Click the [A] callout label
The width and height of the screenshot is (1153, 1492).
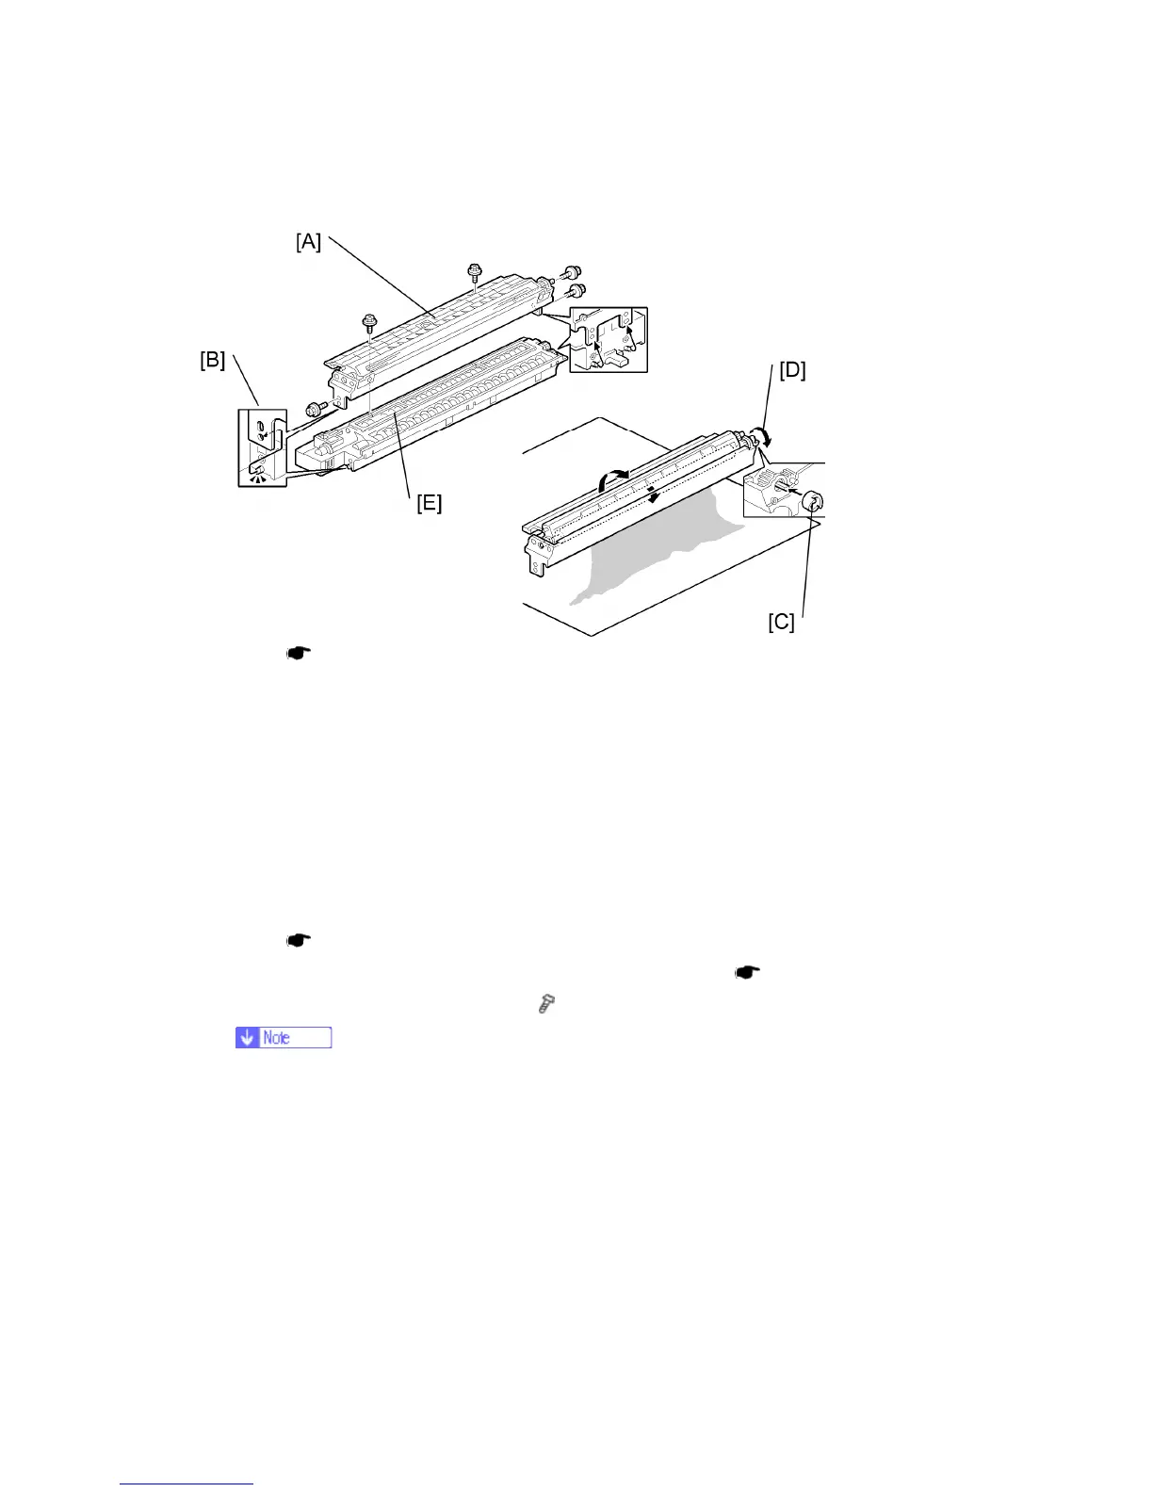point(309,242)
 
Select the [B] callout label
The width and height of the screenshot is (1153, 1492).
point(212,361)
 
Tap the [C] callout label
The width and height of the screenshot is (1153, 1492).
point(781,623)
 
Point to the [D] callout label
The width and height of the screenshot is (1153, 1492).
point(792,370)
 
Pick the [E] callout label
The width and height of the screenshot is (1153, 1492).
point(429,503)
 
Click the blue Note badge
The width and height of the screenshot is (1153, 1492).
point(284,1037)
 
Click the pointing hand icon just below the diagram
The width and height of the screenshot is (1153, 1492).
point(299,653)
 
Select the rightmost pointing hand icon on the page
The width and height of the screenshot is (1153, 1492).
point(747,972)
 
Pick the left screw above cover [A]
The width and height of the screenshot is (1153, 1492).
point(370,323)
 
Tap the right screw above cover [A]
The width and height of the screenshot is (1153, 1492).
point(475,274)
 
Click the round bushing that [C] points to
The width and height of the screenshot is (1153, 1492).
point(815,505)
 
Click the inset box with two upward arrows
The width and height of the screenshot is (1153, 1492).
point(609,339)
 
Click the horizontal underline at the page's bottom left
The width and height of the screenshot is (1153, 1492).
point(187,1484)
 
